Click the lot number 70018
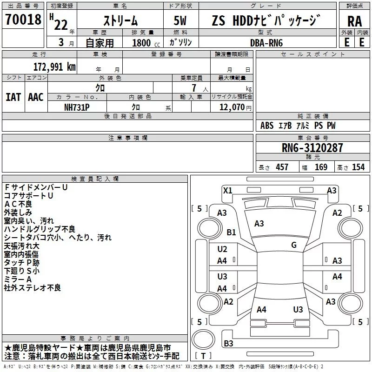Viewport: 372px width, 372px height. click(x=23, y=19)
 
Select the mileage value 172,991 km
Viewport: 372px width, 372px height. click(x=54, y=67)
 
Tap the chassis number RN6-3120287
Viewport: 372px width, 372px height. click(x=312, y=148)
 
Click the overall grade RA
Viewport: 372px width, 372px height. click(x=355, y=21)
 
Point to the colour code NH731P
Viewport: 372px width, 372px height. click(x=77, y=107)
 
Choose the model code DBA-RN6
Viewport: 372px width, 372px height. click(x=266, y=43)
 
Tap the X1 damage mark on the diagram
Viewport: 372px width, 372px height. click(x=227, y=191)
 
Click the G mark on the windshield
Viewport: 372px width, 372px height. click(x=294, y=245)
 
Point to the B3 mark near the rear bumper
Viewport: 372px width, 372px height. click(x=228, y=343)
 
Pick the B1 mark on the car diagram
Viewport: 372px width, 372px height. click(x=231, y=232)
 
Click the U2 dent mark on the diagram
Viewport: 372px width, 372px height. click(x=222, y=249)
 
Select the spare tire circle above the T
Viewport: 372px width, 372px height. click(x=203, y=339)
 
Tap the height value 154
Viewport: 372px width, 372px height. click(x=358, y=167)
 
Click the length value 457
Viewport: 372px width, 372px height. click(x=282, y=167)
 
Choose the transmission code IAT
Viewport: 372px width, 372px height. click(x=13, y=97)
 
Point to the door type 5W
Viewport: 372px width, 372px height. click(x=180, y=20)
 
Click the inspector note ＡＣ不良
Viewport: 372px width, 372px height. click(x=18, y=204)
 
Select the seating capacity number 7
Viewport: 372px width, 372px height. click(x=194, y=88)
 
